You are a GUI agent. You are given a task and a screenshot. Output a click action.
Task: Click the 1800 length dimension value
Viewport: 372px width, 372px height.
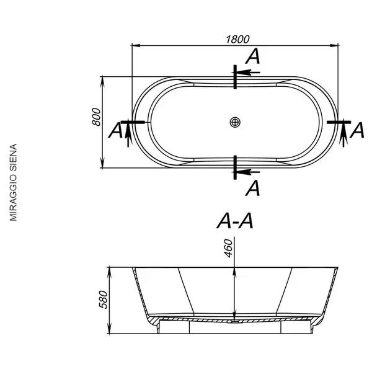pos(237,40)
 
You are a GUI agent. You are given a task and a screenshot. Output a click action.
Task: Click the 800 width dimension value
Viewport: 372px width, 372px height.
pos(97,117)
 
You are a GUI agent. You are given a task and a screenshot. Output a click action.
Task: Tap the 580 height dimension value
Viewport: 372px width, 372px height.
pos(103,299)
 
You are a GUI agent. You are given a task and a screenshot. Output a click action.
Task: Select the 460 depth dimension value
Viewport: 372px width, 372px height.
pos(228,249)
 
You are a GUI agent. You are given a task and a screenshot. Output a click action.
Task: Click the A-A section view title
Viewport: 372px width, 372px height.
pos(235,221)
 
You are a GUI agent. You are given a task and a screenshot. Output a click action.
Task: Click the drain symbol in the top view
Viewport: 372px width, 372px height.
pos(235,122)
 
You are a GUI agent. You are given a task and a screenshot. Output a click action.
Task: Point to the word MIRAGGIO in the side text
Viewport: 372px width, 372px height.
pos(13,198)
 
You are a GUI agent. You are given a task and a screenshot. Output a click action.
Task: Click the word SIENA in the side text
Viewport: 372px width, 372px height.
pos(13,158)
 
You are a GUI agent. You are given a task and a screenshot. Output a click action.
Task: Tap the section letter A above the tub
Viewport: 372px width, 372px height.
pos(253,56)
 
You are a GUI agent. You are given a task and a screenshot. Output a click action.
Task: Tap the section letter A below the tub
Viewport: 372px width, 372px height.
pos(253,188)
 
